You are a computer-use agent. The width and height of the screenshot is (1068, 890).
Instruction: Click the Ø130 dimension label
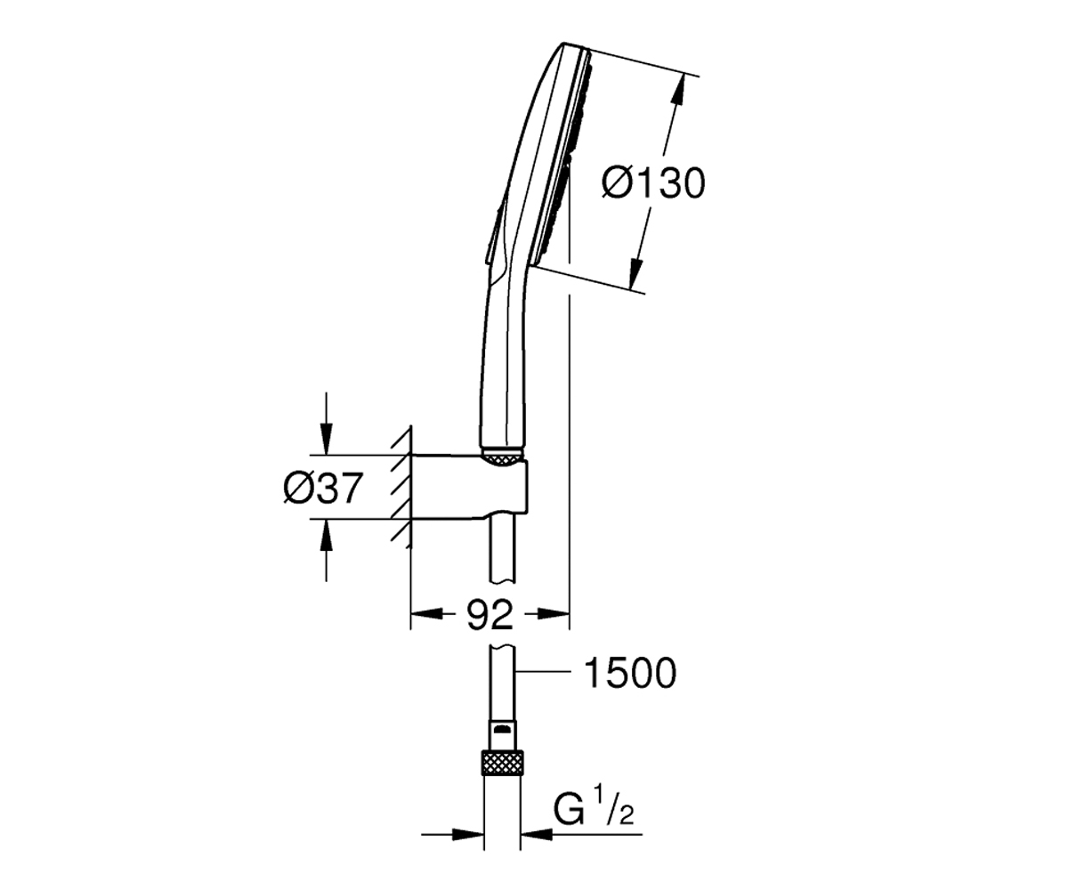coord(653,183)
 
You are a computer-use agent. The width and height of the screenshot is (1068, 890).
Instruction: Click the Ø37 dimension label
coord(323,488)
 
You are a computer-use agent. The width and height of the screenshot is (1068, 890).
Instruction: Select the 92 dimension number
coord(489,615)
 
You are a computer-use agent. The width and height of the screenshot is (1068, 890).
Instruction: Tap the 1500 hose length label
coord(629,673)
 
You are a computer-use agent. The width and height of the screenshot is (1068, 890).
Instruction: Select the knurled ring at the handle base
coord(502,457)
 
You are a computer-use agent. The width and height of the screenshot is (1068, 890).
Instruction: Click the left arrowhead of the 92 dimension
coord(427,613)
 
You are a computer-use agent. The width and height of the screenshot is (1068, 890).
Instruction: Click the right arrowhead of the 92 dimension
coord(554,613)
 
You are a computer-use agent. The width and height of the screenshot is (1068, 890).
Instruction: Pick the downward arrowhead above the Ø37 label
coord(326,439)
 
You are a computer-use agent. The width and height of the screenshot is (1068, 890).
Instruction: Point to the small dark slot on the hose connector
coord(502,728)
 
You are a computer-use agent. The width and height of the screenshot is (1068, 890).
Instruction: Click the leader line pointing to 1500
coord(543,671)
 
